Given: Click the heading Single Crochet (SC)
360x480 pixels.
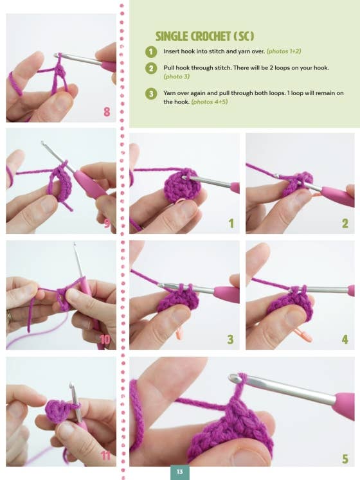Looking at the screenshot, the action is [x=204, y=37].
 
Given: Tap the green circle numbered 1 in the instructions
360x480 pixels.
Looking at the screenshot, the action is [x=151, y=52].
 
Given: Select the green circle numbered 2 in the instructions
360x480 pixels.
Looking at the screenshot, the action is [x=151, y=68].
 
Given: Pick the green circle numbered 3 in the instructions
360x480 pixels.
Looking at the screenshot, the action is [x=151, y=94].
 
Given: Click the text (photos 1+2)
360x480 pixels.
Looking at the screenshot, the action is [x=283, y=51].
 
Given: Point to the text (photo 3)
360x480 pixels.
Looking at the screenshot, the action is [x=177, y=76].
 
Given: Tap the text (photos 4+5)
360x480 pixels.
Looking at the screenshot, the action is [x=210, y=102].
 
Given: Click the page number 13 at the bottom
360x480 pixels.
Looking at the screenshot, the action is [x=179, y=472].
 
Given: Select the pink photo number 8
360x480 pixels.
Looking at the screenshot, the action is [x=107, y=112].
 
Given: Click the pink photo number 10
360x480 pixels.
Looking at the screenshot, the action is [x=105, y=339].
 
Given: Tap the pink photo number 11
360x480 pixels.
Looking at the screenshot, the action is [x=105, y=456].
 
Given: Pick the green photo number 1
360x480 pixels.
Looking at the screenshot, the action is [x=231, y=224].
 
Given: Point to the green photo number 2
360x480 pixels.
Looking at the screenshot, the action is [x=345, y=224].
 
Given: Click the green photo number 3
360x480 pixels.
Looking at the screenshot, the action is [x=230, y=339].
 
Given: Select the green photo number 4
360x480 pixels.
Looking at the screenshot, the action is [x=345, y=339].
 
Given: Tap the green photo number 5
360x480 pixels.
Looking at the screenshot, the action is [x=345, y=459].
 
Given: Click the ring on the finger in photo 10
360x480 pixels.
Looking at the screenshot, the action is [x=10, y=316].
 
